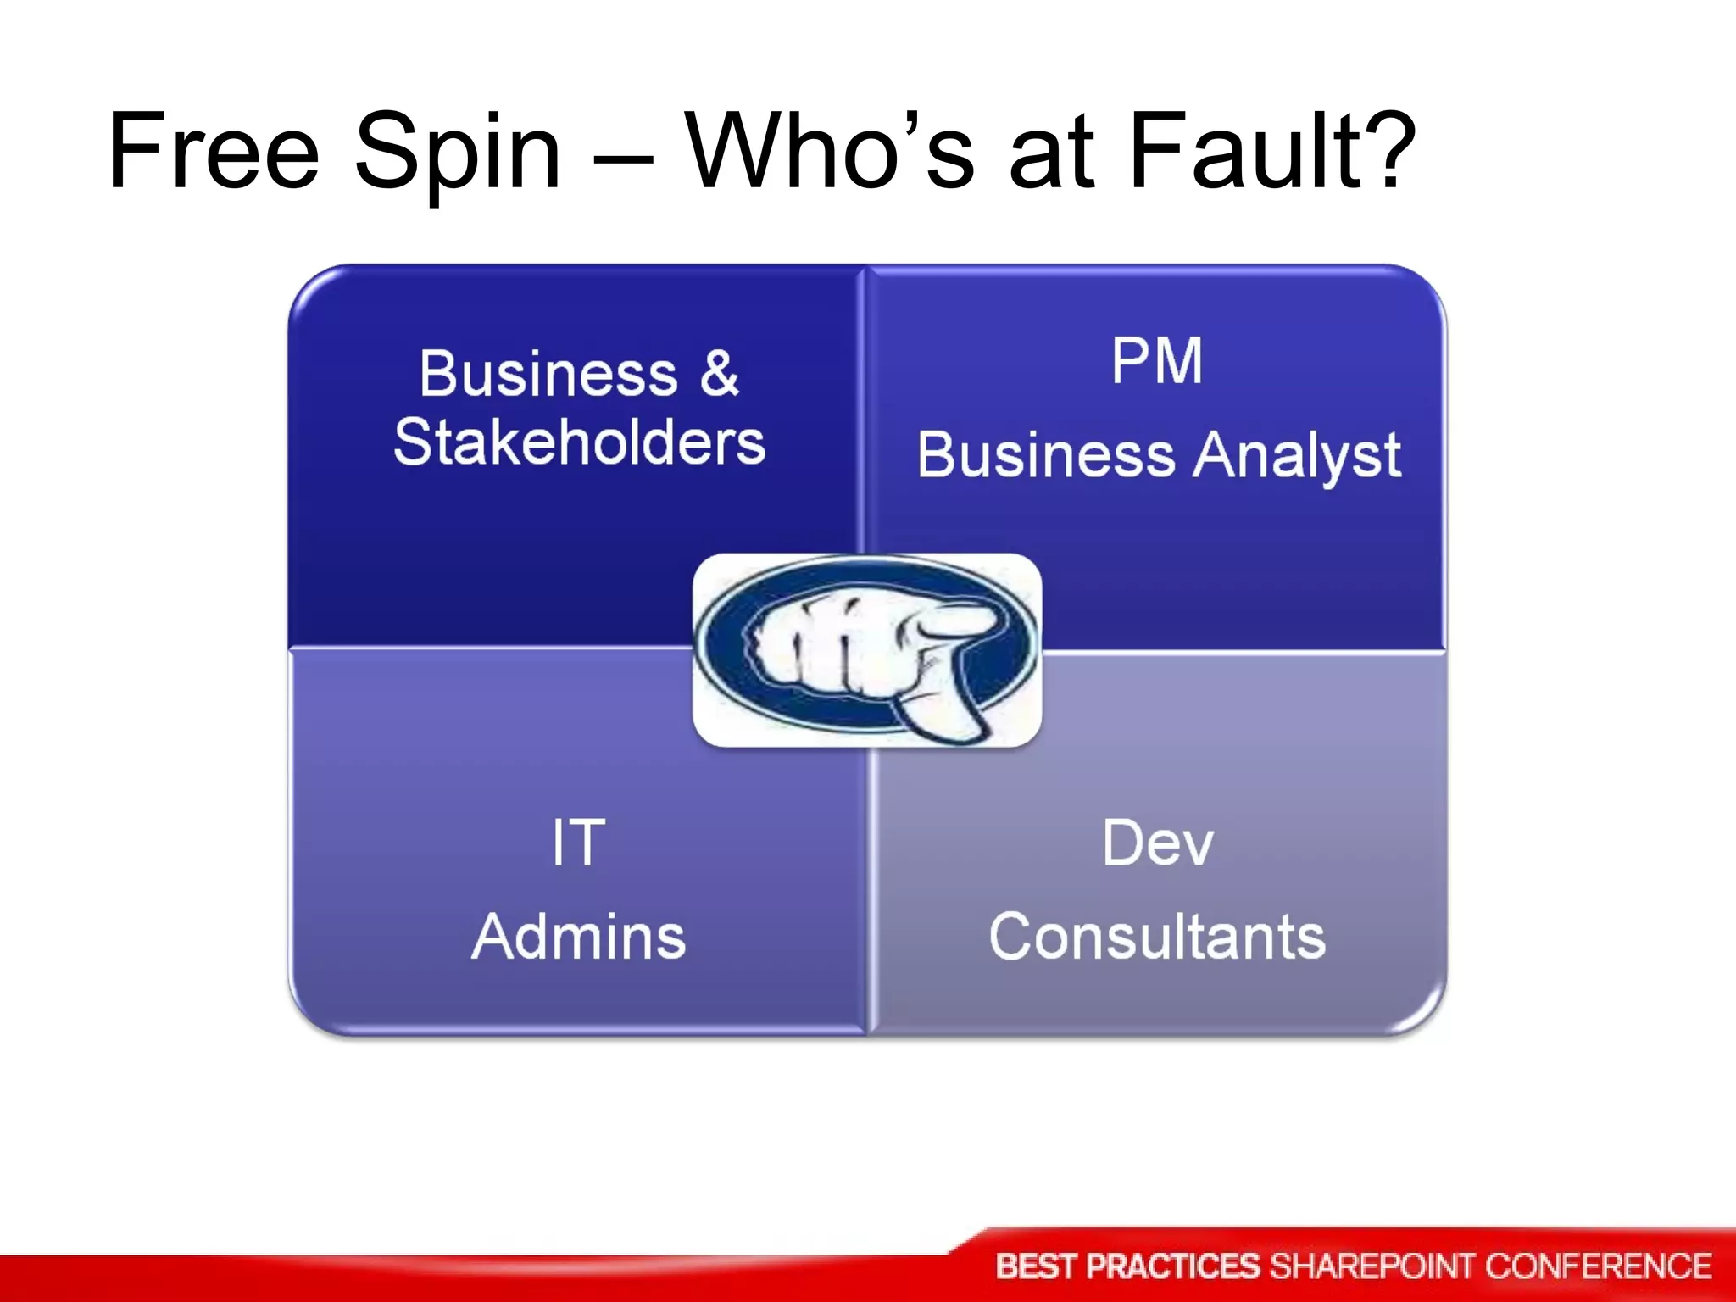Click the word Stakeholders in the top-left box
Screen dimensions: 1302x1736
[580, 442]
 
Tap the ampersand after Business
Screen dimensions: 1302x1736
[719, 373]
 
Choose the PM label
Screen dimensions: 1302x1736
[1157, 361]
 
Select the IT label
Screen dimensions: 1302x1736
[579, 843]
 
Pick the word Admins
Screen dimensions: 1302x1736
[579, 937]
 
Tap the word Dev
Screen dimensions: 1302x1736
[1158, 843]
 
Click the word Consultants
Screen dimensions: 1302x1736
[1158, 937]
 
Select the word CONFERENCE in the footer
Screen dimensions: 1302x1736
[1599, 1266]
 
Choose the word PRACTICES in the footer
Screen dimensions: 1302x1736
[1174, 1266]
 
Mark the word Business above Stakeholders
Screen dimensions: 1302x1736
[548, 373]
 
